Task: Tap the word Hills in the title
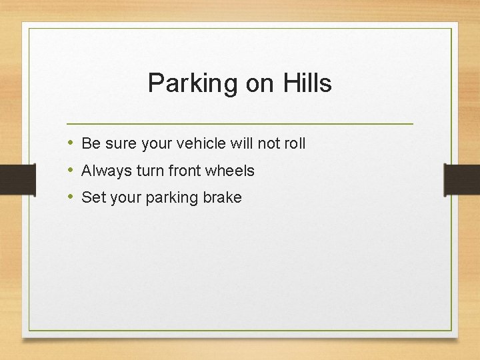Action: click(307, 83)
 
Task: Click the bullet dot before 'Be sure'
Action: click(71, 143)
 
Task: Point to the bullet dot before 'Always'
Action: click(71, 171)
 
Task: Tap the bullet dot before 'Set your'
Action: click(71, 197)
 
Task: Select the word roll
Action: click(294, 143)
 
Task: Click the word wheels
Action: click(230, 171)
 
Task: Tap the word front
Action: click(185, 171)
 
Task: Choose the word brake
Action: click(223, 197)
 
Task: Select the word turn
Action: click(151, 171)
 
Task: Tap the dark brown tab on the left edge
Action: click(17, 179)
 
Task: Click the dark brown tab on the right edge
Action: click(462, 179)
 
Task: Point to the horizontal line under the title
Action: click(240, 124)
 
